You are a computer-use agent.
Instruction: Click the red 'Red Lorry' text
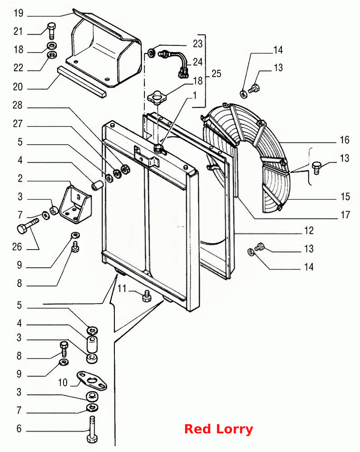point(218,429)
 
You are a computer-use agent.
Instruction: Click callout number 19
point(18,13)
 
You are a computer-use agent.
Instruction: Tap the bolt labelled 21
point(51,31)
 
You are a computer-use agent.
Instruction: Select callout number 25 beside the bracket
point(217,74)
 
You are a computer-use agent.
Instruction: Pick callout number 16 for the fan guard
point(345,140)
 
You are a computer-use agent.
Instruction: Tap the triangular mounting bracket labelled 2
point(75,204)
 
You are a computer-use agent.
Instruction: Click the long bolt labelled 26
point(28,226)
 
